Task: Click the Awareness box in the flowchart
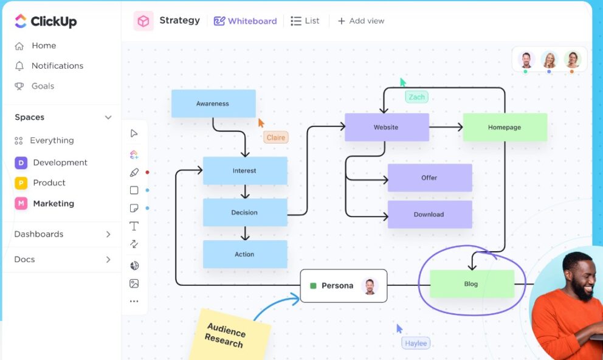click(213, 104)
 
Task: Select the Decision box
click(245, 213)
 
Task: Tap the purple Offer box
click(430, 178)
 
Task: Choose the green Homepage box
click(505, 128)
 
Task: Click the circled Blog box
click(472, 284)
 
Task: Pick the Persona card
click(337, 286)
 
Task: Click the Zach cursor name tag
click(417, 97)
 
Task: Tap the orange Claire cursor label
click(275, 137)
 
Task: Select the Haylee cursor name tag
click(416, 344)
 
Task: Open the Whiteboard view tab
click(246, 21)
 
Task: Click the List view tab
click(305, 21)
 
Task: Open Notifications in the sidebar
click(57, 66)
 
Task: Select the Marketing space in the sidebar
click(53, 204)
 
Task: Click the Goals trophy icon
click(20, 86)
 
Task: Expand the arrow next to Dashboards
click(108, 234)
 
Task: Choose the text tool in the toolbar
click(134, 226)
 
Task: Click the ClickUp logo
click(46, 21)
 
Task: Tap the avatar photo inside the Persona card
click(370, 286)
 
